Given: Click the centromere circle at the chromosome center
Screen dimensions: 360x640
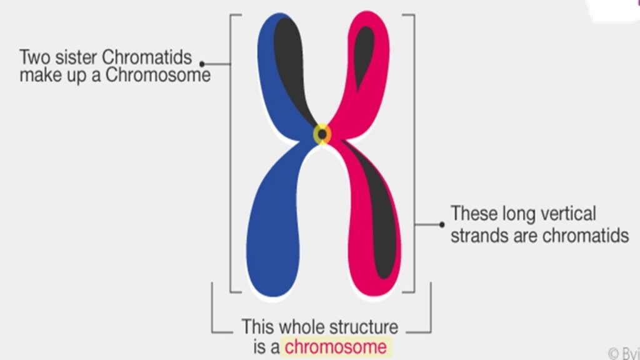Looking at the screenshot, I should (x=322, y=134).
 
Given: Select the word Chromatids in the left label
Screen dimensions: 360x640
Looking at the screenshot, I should (x=147, y=57).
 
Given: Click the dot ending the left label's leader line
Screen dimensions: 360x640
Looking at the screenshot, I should (x=202, y=63).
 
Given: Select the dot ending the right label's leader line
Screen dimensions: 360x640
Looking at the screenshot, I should (x=442, y=224).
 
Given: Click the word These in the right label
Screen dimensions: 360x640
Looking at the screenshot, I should (x=475, y=214).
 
